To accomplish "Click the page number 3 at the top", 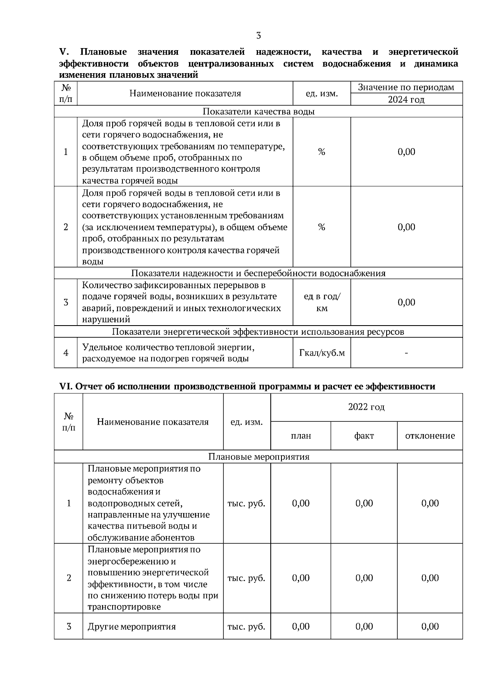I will (x=258, y=35).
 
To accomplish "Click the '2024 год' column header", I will (x=406, y=99).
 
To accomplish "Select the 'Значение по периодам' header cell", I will (x=406, y=87).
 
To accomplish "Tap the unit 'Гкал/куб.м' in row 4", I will (x=322, y=353).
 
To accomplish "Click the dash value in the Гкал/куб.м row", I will (x=406, y=353).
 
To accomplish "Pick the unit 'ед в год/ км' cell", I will (x=322, y=302).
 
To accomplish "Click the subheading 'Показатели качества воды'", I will (x=258, y=112).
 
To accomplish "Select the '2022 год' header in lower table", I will (x=366, y=407).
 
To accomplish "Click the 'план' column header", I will (x=301, y=436).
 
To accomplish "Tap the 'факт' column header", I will (x=364, y=436).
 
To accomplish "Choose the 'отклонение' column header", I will (x=430, y=436).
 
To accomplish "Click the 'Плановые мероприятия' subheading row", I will (x=258, y=457).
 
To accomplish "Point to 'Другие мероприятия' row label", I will (x=131, y=626).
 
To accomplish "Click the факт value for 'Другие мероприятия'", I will (x=364, y=626).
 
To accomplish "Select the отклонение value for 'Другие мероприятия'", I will (x=430, y=626).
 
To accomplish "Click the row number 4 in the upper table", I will (x=66, y=353).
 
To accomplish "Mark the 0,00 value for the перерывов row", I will (x=406, y=302).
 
